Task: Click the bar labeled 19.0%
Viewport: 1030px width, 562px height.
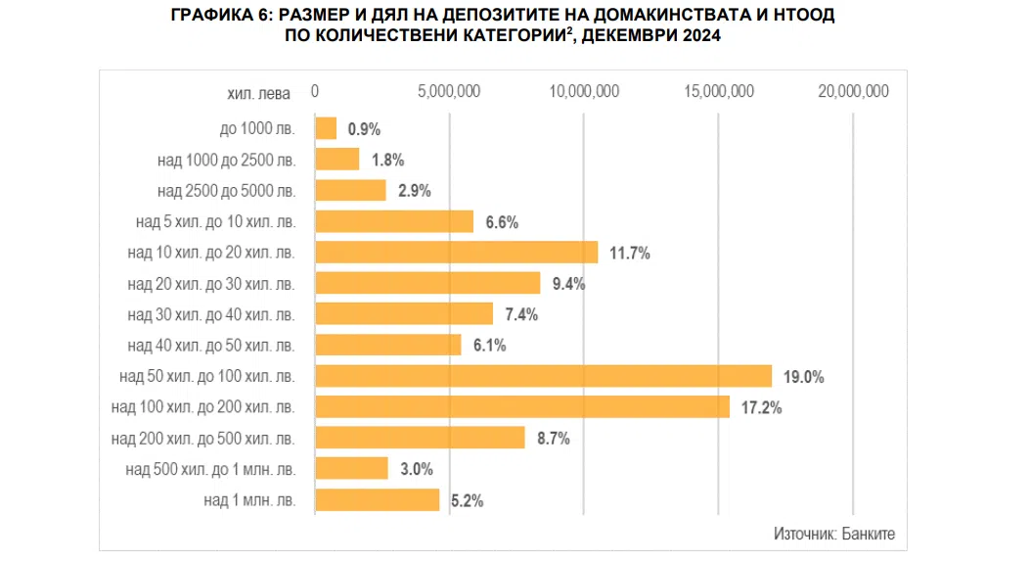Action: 543,376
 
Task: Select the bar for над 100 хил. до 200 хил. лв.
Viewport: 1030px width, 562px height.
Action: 521,406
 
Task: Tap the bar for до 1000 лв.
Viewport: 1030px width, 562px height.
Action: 326,128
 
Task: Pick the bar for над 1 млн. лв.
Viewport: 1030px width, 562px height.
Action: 377,499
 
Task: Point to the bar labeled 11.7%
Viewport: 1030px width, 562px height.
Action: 456,253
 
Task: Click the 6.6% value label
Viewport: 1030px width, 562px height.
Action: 502,222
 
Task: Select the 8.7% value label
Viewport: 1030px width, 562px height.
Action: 554,438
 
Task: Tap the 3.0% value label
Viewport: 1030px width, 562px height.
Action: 417,469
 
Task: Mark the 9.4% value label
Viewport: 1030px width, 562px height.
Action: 568,284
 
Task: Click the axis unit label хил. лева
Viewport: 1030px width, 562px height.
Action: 258,94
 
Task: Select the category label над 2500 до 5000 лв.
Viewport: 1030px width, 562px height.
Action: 226,191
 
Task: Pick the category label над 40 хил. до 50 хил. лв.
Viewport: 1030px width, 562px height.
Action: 211,346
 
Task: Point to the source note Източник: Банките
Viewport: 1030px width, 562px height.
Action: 833,535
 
